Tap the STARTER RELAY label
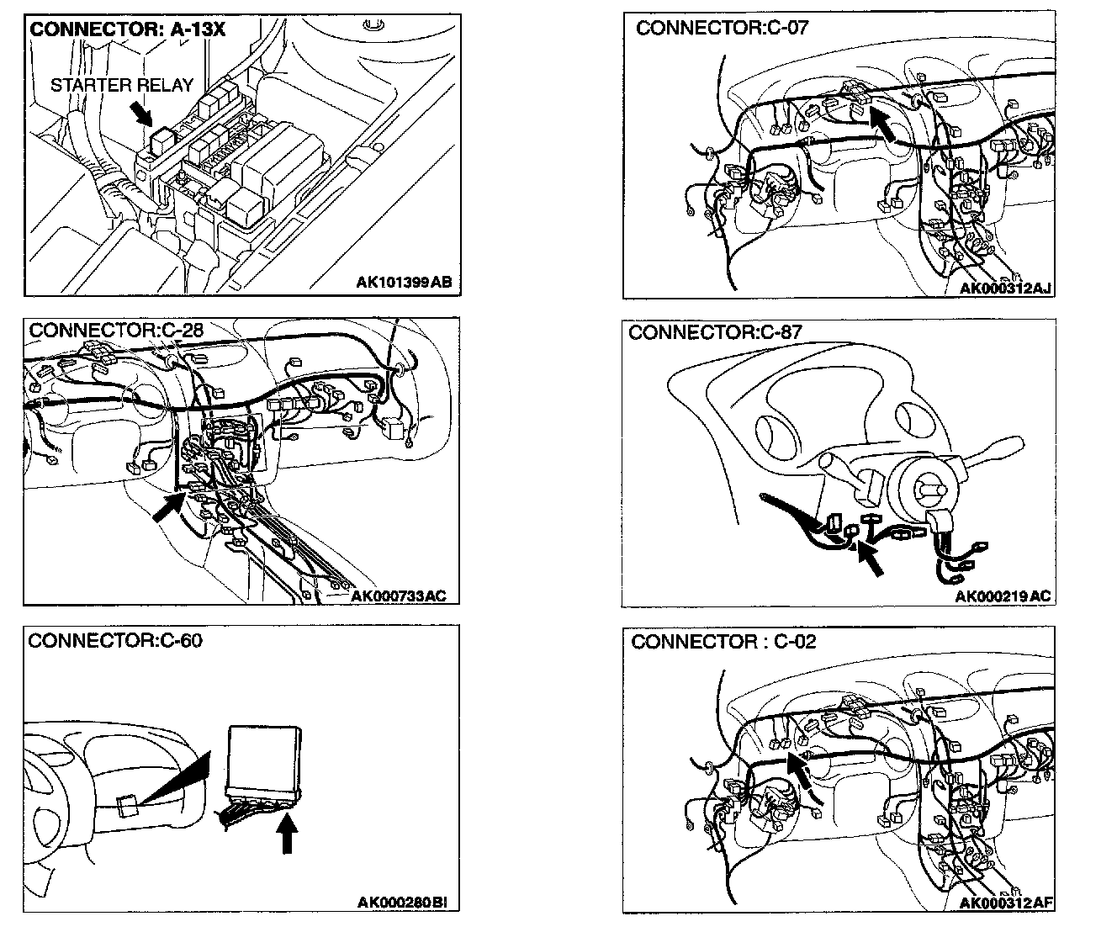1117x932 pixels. [122, 85]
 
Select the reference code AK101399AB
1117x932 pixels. [404, 282]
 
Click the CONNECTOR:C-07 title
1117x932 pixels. [722, 28]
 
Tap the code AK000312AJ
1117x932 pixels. [1006, 289]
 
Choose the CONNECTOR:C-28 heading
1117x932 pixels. [116, 330]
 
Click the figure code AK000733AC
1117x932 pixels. [399, 596]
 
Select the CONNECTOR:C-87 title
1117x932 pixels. [715, 332]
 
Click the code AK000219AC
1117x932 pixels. [1003, 596]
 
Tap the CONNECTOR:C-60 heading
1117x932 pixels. [116, 640]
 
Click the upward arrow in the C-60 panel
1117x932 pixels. [288, 834]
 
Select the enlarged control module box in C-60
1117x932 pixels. [264, 759]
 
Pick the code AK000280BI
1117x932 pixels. [402, 903]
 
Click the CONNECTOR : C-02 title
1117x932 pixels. [723, 643]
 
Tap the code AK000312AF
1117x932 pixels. [1006, 903]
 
